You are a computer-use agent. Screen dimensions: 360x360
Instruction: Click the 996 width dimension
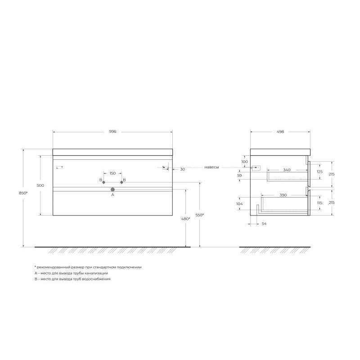coord(112,131)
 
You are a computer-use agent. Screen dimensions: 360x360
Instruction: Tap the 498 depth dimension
coord(280,132)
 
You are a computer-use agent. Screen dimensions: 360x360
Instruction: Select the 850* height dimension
coord(23,193)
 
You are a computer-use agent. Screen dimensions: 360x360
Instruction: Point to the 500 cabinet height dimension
coord(40,185)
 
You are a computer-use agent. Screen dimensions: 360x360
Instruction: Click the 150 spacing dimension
coord(112,173)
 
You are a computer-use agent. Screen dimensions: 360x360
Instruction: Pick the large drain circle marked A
coord(112,189)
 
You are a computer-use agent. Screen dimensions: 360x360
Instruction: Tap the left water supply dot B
coord(103,182)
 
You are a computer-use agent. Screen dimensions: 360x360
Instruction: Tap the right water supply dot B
coord(121,182)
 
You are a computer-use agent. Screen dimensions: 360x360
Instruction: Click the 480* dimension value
coord(185,219)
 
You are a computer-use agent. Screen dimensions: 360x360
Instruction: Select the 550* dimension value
coord(199,215)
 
